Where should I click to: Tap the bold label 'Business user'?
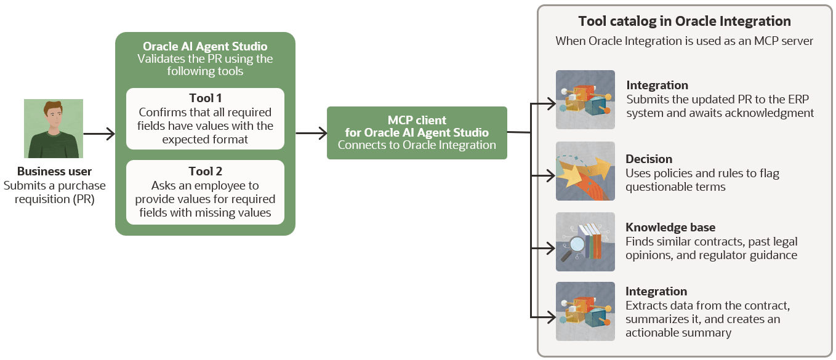(55, 172)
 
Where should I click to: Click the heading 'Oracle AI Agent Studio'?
(205, 47)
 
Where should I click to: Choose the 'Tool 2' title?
(205, 172)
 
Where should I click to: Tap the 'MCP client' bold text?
(417, 120)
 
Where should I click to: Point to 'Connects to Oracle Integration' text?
(417, 145)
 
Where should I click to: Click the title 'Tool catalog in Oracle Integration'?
(684, 21)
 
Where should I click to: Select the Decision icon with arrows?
(585, 171)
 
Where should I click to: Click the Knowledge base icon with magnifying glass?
(585, 242)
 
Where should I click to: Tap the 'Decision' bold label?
(649, 159)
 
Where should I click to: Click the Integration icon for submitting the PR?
(585, 100)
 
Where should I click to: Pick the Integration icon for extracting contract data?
(585, 311)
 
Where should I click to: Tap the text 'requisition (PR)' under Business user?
(55, 199)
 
